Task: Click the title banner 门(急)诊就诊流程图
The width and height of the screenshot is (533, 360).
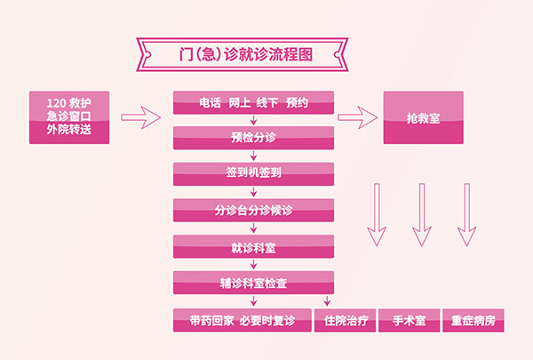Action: (243, 54)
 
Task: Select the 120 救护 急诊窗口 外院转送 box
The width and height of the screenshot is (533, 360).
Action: (69, 117)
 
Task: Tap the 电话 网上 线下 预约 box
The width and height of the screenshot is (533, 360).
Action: (253, 102)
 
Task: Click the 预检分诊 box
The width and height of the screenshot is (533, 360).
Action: (253, 138)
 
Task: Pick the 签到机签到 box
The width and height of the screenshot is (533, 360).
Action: (253, 174)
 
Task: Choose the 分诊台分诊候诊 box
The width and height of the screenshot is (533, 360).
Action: (253, 211)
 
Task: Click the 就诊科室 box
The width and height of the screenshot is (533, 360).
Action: (253, 246)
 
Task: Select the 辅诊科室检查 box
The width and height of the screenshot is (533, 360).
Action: (253, 283)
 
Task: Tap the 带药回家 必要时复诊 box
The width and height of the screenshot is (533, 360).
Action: (243, 320)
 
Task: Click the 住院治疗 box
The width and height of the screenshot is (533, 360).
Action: (345, 320)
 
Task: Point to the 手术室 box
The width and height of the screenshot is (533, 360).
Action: (410, 320)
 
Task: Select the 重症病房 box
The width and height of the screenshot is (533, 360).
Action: (473, 320)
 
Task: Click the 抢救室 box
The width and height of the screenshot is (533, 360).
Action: (424, 117)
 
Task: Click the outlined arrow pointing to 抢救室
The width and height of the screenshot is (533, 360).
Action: (358, 117)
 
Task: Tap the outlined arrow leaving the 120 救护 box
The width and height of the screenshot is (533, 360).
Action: (140, 117)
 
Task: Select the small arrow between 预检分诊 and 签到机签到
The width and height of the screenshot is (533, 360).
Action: (253, 156)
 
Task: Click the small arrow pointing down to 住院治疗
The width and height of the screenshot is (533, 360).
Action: (327, 300)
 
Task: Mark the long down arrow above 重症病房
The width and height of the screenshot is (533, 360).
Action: (467, 214)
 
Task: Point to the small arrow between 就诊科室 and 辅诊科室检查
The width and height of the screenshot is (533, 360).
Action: (253, 264)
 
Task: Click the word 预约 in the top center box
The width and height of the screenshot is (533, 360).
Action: (297, 102)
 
